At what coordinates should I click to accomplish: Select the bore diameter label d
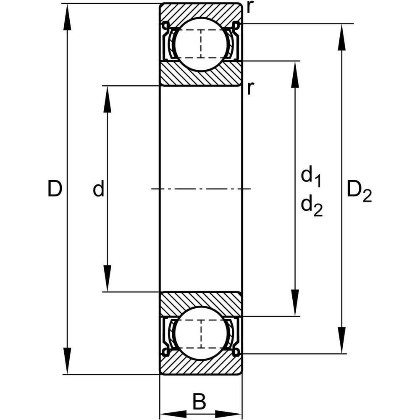[98, 189]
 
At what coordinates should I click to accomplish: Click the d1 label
[311, 176]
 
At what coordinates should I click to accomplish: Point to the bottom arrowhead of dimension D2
[343, 340]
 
